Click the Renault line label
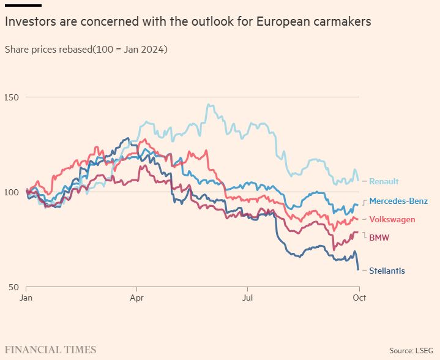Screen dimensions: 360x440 click(x=384, y=181)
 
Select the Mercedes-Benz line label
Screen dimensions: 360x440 click(x=398, y=201)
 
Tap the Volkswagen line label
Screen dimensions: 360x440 click(x=392, y=219)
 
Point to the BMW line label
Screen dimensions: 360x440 click(x=379, y=237)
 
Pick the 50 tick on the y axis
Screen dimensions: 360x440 click(x=13, y=287)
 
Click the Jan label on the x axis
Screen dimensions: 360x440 click(x=26, y=298)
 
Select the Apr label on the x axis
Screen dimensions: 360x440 click(x=136, y=298)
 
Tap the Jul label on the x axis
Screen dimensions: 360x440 click(x=247, y=298)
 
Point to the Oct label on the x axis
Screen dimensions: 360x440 click(x=359, y=298)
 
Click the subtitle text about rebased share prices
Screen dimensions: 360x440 click(x=86, y=48)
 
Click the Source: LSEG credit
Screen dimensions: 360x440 click(x=411, y=350)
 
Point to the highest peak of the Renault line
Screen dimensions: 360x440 click(x=209, y=105)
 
